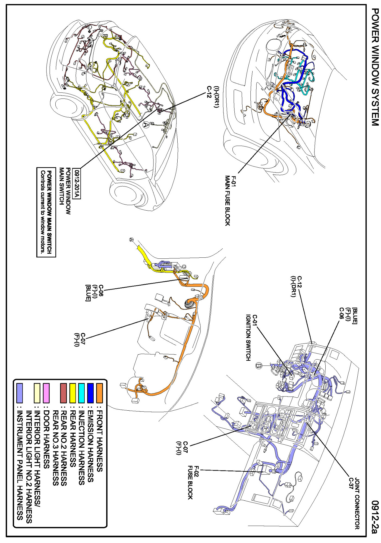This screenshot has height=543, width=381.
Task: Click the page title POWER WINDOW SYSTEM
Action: (375, 67)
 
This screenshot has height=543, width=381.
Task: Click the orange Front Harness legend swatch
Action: (100, 393)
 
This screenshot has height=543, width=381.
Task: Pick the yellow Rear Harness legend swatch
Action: (73, 393)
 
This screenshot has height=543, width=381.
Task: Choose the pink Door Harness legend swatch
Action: (46, 393)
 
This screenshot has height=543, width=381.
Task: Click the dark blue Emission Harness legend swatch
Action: (90, 393)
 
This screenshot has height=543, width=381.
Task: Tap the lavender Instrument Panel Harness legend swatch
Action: (20, 393)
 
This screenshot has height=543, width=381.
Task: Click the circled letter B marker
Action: (259, 366)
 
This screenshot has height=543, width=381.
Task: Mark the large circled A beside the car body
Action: (146, 125)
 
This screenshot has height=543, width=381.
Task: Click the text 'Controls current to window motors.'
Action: (42, 212)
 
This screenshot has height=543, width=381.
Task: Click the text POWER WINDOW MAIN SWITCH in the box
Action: (49, 212)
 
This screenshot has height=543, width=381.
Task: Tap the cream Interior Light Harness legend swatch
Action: (37, 393)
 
